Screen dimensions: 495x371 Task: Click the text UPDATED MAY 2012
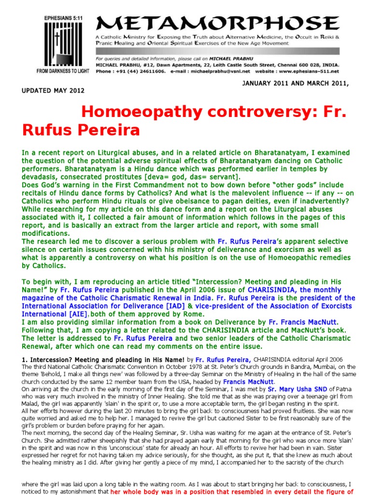pos(53,90)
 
